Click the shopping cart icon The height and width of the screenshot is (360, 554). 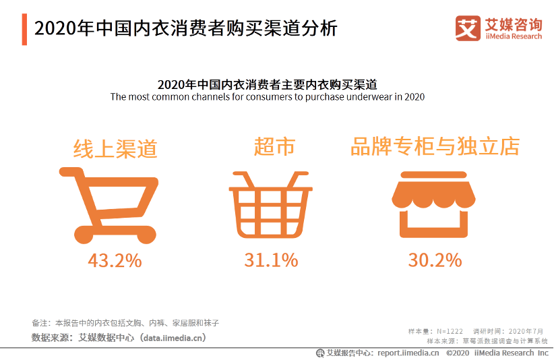point(112,204)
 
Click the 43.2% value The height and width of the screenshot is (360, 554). point(115,260)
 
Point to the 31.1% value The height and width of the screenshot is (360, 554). point(271,260)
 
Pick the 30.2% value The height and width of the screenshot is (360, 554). point(435,260)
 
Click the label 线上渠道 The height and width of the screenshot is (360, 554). point(115,148)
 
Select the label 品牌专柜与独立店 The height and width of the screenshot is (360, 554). point(435,147)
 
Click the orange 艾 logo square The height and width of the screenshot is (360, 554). point(468,28)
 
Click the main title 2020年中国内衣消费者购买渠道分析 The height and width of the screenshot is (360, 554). point(185,29)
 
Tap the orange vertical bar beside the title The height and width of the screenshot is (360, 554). point(24,29)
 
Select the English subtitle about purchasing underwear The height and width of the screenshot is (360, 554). point(267,97)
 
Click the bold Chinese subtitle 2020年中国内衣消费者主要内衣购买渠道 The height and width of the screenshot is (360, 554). point(267,85)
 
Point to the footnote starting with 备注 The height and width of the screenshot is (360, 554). point(125,323)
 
